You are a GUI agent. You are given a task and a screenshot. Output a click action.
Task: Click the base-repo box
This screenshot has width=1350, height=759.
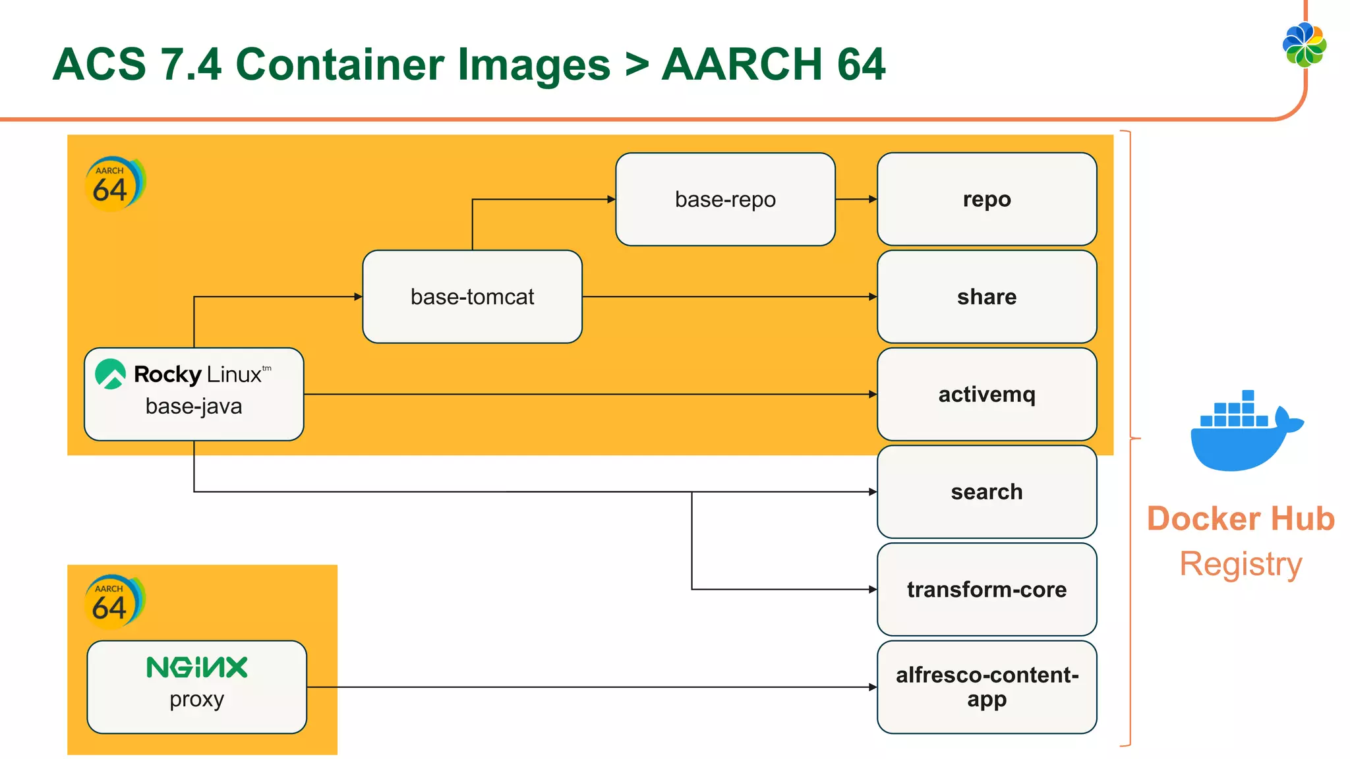pos(725,199)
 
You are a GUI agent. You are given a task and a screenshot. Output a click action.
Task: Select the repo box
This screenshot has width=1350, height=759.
pos(986,199)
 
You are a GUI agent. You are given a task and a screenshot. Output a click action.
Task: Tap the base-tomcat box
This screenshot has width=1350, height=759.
pos(472,296)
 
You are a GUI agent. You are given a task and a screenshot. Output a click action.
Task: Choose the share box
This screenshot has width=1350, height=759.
pos(986,296)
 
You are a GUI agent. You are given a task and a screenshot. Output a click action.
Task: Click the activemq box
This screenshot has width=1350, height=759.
pos(986,394)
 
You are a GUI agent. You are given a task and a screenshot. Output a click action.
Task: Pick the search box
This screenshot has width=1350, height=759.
pos(986,492)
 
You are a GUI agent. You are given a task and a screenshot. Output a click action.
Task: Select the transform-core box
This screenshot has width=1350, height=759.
pos(986,589)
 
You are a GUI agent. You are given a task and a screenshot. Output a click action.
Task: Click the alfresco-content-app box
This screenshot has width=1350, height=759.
pos(986,687)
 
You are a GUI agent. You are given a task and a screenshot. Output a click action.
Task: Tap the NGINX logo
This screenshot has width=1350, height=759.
pos(196,667)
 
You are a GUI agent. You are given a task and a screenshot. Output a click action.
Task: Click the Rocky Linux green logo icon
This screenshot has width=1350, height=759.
pos(110,374)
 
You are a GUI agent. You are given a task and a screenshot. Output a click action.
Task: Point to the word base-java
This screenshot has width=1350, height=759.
pos(194,407)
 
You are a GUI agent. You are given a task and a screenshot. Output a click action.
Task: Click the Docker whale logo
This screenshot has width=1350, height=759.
pos(1243,432)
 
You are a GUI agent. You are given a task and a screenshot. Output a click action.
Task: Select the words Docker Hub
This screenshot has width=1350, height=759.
pos(1241,519)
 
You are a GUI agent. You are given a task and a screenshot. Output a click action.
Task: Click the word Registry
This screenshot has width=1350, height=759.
pos(1241,565)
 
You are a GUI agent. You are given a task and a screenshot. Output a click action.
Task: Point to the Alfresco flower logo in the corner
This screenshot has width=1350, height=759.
pos(1305,45)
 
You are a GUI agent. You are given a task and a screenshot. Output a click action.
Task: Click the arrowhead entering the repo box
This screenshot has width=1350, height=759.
pos(873,199)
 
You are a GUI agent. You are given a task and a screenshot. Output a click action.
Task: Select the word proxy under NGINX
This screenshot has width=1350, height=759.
pos(196,700)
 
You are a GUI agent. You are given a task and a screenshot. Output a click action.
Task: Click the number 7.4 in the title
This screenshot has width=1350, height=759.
pos(191,65)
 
